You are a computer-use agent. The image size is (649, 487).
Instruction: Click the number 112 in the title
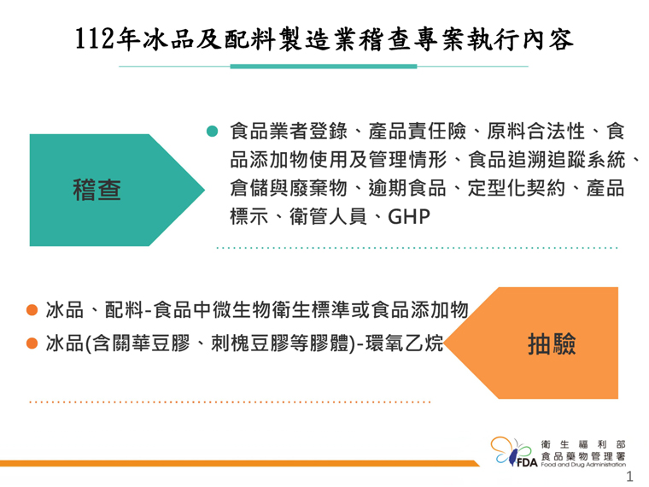click(x=95, y=39)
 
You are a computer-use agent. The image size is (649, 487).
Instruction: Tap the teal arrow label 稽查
click(x=96, y=190)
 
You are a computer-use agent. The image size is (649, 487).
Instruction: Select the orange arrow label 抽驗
click(x=552, y=344)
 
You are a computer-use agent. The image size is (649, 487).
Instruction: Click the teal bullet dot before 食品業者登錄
click(x=212, y=132)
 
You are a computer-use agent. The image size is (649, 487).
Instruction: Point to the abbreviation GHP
click(x=409, y=216)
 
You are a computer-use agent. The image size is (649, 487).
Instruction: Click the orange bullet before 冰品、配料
click(x=32, y=310)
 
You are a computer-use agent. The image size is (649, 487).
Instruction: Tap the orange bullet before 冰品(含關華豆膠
click(x=32, y=343)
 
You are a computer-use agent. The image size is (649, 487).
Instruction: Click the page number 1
click(x=629, y=476)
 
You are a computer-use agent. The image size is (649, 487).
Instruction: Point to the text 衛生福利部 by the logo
click(x=583, y=444)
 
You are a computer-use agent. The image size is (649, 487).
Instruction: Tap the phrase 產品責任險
click(x=417, y=132)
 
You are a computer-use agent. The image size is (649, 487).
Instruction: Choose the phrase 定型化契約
click(x=516, y=188)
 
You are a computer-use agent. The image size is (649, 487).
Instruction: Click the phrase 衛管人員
click(x=328, y=216)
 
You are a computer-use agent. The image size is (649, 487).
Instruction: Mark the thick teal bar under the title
click(x=324, y=67)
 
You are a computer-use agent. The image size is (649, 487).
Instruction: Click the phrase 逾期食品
click(x=407, y=188)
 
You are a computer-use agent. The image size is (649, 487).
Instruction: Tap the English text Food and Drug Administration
click(x=583, y=465)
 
